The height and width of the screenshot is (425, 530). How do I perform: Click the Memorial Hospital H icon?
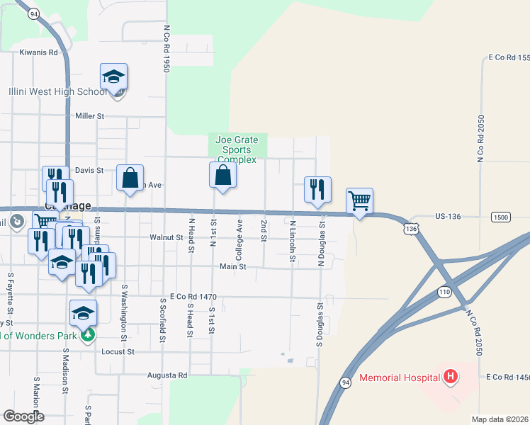pyautogui.click(x=449, y=378)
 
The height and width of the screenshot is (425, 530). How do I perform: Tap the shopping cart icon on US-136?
pyautogui.click(x=359, y=201)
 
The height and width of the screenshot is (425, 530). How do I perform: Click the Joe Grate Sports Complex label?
pyautogui.click(x=237, y=150)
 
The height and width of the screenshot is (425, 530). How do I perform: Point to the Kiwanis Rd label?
pyautogui.click(x=38, y=52)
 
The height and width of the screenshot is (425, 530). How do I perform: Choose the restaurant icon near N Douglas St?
pyautogui.click(x=317, y=189)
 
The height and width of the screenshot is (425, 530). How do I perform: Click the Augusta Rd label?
pyautogui.click(x=167, y=375)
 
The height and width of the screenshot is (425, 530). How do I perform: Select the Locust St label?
pyautogui.click(x=118, y=351)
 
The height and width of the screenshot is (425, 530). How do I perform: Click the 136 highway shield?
pyautogui.click(x=411, y=229)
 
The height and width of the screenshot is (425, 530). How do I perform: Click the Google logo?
pyautogui.click(x=24, y=416)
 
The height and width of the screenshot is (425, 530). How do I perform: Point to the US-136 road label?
pyautogui.click(x=448, y=217)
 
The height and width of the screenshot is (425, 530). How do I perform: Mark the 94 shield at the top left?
pyautogui.click(x=33, y=13)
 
